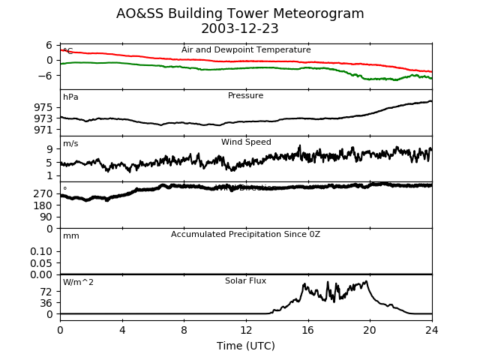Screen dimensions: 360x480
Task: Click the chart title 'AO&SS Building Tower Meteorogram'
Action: (x=240, y=13)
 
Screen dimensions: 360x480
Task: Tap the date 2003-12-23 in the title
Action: (x=240, y=28)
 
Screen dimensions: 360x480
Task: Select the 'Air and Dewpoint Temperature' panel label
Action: (x=246, y=50)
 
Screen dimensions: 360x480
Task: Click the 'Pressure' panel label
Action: (x=246, y=96)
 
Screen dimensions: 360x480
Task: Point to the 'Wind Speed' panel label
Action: (x=246, y=142)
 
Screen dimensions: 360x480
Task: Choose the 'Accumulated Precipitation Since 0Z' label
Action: (x=245, y=235)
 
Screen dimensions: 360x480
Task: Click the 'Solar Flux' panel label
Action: (x=245, y=281)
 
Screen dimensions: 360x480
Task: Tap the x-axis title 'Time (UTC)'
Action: (x=246, y=346)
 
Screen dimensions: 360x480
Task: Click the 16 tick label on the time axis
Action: (x=307, y=329)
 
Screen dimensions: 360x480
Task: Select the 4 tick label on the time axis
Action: (x=122, y=329)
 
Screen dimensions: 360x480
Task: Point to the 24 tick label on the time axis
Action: (x=432, y=329)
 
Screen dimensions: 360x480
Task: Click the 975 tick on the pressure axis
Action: (x=43, y=107)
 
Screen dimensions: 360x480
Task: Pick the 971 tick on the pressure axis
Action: (x=43, y=130)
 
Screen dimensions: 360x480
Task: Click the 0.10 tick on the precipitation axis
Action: (x=41, y=251)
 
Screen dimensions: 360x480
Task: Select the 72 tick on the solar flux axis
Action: (x=46, y=292)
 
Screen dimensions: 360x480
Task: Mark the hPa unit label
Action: (x=70, y=97)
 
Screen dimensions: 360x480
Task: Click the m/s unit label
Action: (x=70, y=144)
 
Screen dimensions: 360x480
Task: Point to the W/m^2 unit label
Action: (x=78, y=283)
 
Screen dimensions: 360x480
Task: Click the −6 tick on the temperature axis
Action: (x=46, y=76)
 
